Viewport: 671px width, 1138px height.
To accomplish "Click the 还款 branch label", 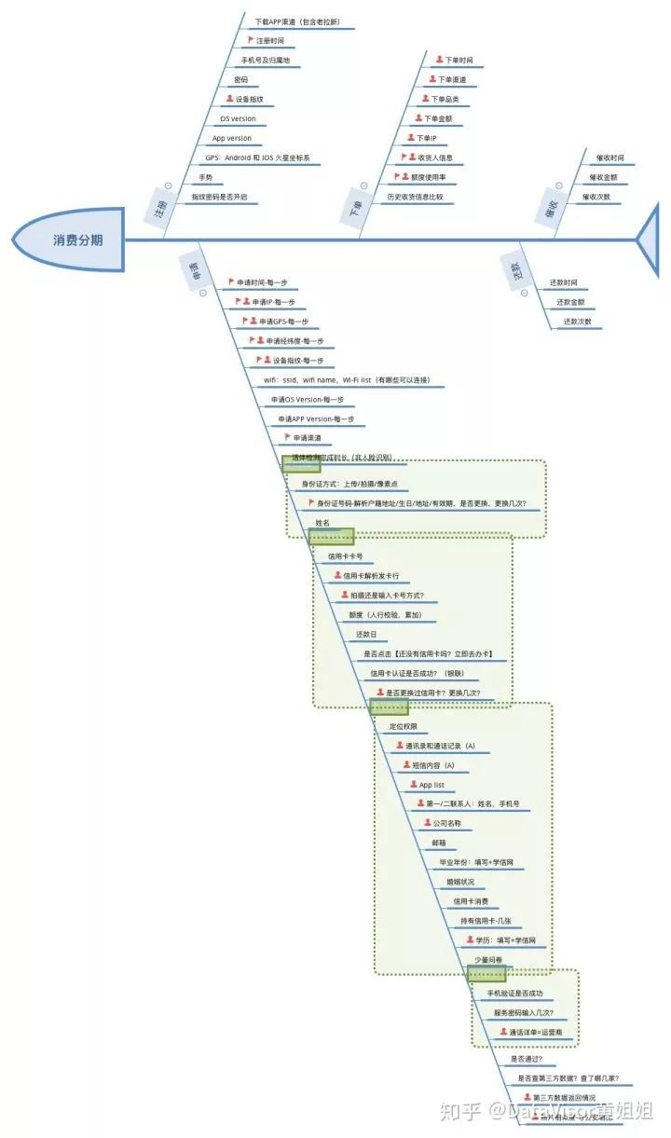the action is tap(516, 270).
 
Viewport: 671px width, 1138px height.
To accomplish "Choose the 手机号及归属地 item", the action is tap(265, 61).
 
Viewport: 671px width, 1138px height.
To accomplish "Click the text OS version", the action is tap(238, 119).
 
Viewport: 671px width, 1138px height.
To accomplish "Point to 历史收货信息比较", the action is tap(415, 197).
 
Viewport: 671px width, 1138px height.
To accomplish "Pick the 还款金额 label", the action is tap(570, 302).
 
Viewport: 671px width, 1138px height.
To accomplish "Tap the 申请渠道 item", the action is tap(307, 438).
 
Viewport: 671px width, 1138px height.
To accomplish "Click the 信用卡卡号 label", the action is tap(344, 556).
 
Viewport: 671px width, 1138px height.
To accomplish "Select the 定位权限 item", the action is tap(403, 725).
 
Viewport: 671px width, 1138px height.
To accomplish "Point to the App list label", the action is tap(431, 785).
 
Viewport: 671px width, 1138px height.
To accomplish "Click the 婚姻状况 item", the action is tap(459, 882).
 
